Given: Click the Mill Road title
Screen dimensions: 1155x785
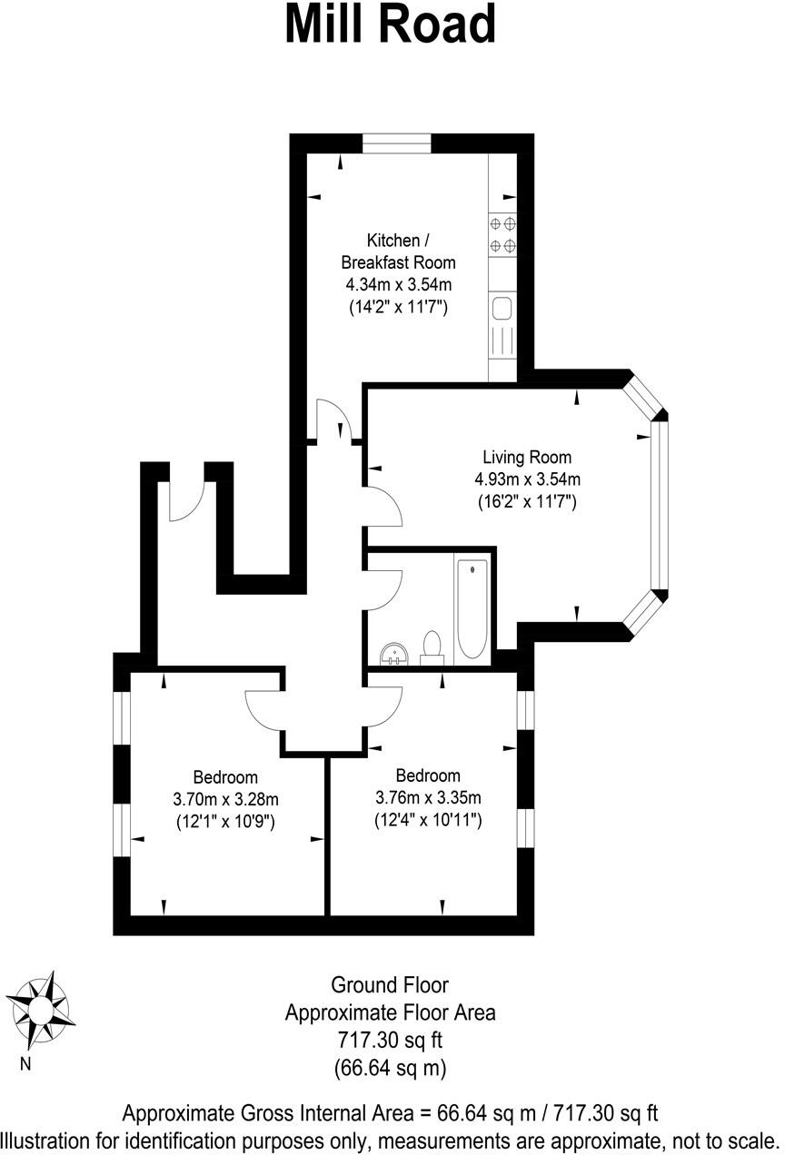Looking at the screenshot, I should click(x=391, y=25).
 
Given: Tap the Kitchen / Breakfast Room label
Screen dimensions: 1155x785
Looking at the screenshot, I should click(x=398, y=252).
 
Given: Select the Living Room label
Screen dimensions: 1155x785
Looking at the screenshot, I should click(x=527, y=457).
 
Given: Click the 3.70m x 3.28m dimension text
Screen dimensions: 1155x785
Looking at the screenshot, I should click(x=225, y=799).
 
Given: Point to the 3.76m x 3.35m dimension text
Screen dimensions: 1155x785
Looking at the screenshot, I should click(x=428, y=798).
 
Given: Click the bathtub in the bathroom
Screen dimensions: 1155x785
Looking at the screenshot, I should click(x=472, y=609).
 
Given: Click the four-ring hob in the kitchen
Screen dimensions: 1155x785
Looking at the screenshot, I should click(x=503, y=233).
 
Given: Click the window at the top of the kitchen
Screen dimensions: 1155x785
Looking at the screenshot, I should click(x=397, y=143).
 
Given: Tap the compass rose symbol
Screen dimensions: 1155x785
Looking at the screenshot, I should click(x=39, y=1008).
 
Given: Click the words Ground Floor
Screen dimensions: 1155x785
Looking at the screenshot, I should click(x=390, y=984).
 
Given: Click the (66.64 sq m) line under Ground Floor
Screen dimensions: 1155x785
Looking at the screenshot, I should click(x=391, y=1068).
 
